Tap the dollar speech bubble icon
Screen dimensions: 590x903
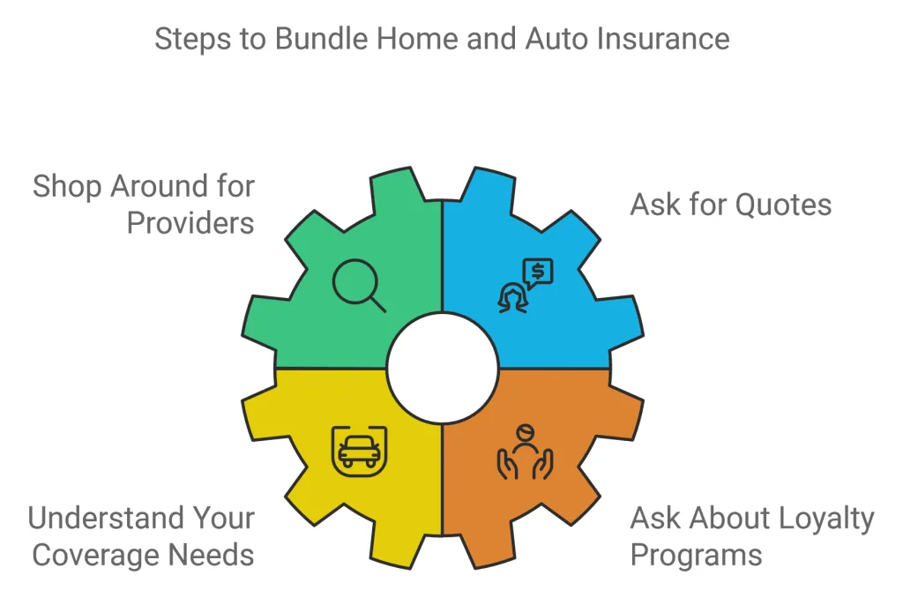(x=537, y=273)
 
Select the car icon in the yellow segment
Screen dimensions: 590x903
(x=359, y=450)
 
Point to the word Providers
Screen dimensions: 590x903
(x=190, y=222)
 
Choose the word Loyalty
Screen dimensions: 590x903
(x=819, y=519)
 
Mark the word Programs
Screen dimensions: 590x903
(x=696, y=555)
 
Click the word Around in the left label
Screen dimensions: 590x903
(x=156, y=187)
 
